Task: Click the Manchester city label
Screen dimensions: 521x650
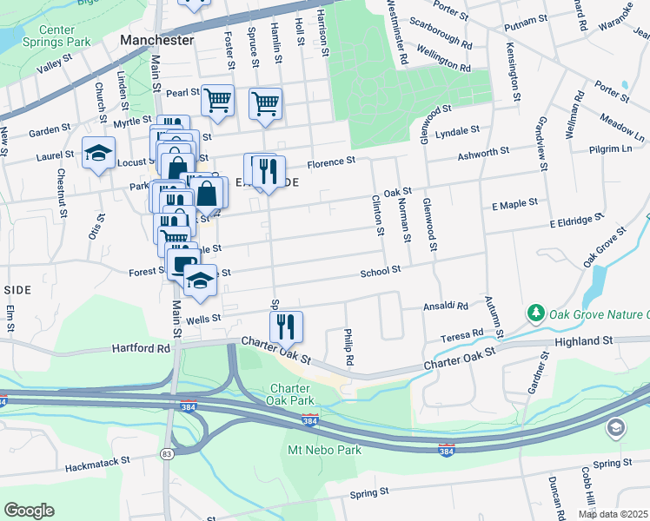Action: [x=157, y=40]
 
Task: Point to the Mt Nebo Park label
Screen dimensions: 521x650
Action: [x=323, y=450]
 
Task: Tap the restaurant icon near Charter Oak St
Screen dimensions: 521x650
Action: [x=286, y=327]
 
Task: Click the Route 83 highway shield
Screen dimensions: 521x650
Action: [x=166, y=454]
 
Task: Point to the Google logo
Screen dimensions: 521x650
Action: [x=29, y=511]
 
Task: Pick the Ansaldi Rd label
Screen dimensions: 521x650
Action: [x=446, y=307]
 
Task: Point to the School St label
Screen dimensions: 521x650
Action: [x=381, y=271]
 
